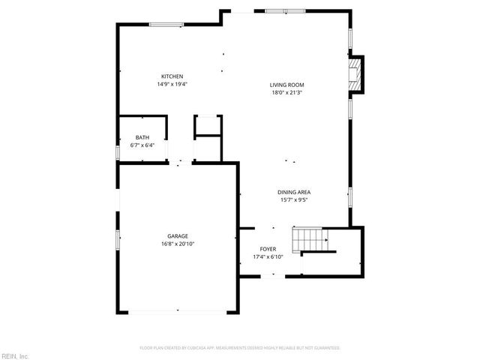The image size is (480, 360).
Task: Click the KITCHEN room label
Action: click(x=172, y=76)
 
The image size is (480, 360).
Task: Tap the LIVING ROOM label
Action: click(x=286, y=85)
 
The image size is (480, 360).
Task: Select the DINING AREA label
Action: click(x=295, y=192)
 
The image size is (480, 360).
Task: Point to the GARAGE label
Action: click(x=178, y=235)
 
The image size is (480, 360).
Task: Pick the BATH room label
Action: click(x=142, y=137)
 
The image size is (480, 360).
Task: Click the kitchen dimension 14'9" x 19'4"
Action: click(x=172, y=85)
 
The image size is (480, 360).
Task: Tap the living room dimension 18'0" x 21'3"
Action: click(x=286, y=93)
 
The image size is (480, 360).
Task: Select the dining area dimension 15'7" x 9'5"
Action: click(x=295, y=200)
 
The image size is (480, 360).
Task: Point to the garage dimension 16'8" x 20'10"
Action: click(x=178, y=244)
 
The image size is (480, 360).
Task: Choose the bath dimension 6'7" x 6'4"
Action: click(x=142, y=145)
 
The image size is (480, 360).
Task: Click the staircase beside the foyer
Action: click(x=310, y=241)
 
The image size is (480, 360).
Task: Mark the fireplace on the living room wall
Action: click(x=355, y=75)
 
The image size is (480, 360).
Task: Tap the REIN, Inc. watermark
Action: click(x=15, y=355)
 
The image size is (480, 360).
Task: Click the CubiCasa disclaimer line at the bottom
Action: click(x=240, y=348)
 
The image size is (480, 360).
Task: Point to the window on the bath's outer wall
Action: click(x=118, y=152)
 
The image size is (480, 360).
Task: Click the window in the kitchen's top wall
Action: click(x=167, y=25)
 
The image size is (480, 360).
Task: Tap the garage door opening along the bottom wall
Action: click(x=178, y=310)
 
